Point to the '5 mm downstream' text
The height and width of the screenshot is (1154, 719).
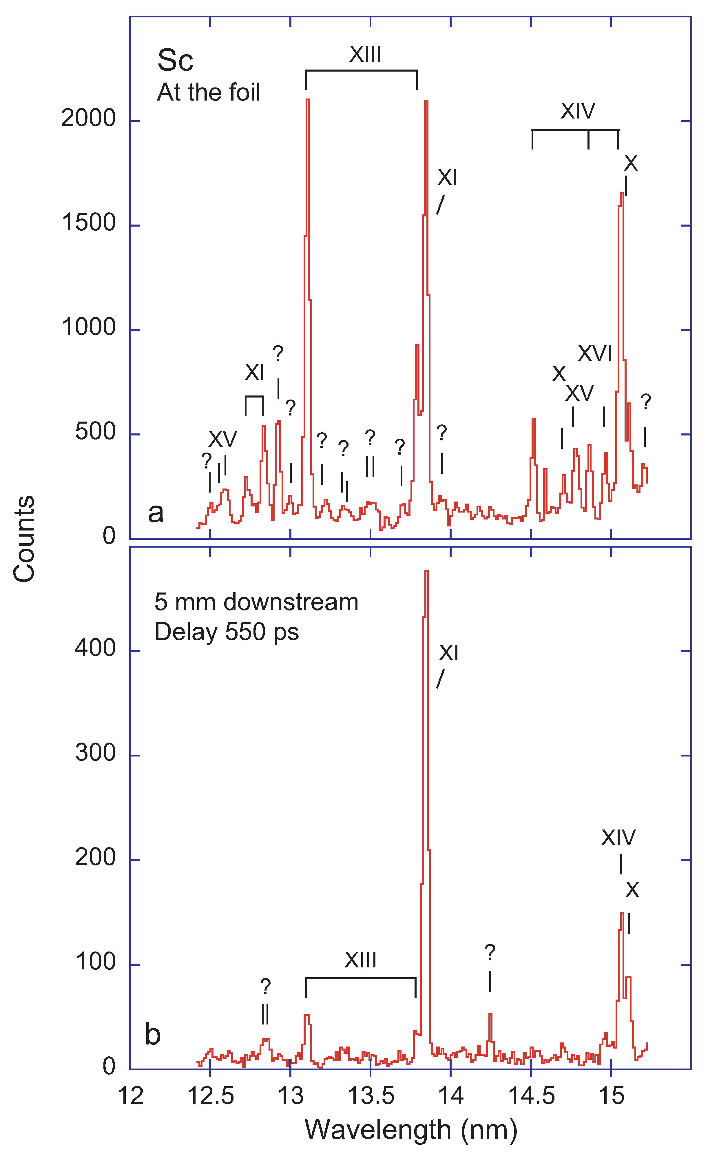[x=256, y=602]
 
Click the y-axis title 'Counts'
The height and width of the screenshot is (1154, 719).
[x=24, y=539]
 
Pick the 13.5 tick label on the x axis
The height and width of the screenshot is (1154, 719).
[x=371, y=1096]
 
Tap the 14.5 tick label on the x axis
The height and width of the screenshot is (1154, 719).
[x=531, y=1096]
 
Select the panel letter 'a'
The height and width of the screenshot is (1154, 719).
[x=156, y=513]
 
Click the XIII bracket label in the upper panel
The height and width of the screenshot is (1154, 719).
[x=365, y=55]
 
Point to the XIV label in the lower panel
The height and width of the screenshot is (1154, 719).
[x=618, y=838]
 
